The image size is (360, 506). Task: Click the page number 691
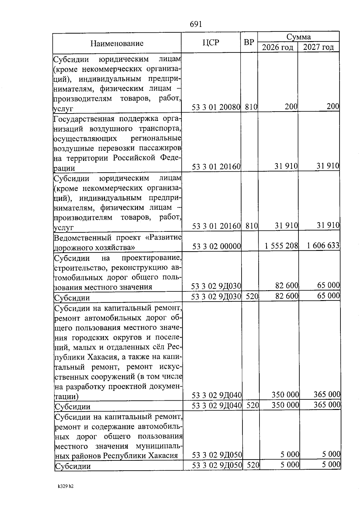pos(196,24)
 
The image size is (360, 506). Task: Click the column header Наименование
pos(117,44)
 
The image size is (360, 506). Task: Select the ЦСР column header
pos(211,43)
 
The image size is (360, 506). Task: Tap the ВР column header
pos(249,43)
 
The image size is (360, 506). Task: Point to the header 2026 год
pos(277,47)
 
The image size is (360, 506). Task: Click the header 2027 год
pos(318,47)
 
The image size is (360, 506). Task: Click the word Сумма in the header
pos(298,37)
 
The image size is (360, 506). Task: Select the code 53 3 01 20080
pos(216,107)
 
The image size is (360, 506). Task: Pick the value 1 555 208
pos(281,246)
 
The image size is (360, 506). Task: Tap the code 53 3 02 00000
pos(217,246)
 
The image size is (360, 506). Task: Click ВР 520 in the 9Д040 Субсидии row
pos(253,405)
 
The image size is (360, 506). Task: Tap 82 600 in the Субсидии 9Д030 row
pos(287,296)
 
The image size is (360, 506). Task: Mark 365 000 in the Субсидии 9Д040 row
pos(327,405)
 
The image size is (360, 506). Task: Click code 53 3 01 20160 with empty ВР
pos(216,166)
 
